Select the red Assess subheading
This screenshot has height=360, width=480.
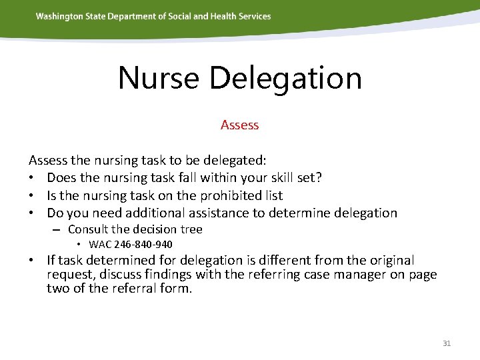(x=239, y=125)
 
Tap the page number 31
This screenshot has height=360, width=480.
(x=447, y=343)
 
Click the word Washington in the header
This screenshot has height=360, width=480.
(x=60, y=16)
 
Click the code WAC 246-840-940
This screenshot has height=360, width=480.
(x=131, y=245)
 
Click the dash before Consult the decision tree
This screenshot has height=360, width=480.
(x=59, y=229)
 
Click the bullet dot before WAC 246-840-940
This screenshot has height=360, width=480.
(x=80, y=245)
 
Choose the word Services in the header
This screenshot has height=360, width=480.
(x=254, y=16)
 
